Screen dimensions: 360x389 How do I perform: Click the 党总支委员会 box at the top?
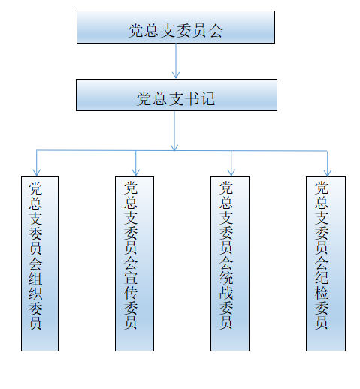coord(176,27)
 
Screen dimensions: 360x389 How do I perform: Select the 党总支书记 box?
coord(177,95)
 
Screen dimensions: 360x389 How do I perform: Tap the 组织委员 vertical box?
coord(40,264)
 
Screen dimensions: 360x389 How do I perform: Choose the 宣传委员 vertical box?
coord(135,264)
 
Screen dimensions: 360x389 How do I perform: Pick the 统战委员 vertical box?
coord(230,264)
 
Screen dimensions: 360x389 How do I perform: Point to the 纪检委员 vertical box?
coord(325,264)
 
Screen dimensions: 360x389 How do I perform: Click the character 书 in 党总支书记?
coord(192,98)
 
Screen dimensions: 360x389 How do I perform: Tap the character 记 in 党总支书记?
coord(208,98)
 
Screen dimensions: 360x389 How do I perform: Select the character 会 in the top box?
coord(216,31)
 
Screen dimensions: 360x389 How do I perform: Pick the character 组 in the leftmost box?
coord(35,277)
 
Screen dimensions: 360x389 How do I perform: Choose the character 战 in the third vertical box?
coord(226,292)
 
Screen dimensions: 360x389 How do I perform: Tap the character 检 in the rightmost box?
coord(322,292)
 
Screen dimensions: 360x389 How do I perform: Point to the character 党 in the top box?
coord(135,31)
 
